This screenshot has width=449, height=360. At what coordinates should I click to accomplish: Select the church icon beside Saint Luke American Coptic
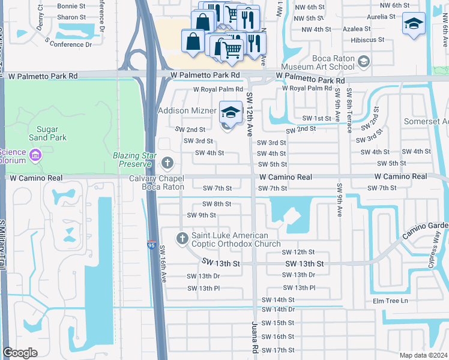[x=182, y=239]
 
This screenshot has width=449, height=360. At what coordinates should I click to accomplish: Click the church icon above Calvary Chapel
[x=167, y=162]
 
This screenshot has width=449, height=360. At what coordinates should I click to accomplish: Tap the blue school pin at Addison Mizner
[x=231, y=113]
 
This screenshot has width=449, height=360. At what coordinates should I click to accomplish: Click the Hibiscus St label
[x=352, y=40]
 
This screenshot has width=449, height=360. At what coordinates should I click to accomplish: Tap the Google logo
[x=20, y=353]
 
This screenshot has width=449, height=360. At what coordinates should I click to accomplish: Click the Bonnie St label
[x=71, y=6]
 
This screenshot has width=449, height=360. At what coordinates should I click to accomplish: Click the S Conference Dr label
[x=68, y=44]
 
